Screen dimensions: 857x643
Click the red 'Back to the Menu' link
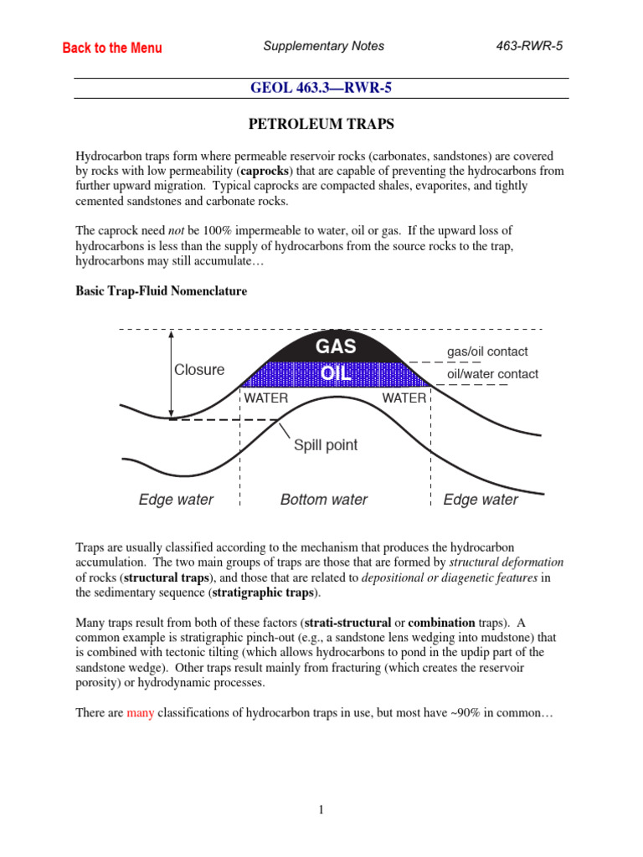pos(112,48)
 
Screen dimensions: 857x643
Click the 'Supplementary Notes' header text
pos(323,46)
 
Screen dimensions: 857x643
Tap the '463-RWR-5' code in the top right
pos(529,46)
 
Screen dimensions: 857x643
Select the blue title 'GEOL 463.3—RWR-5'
pos(322,88)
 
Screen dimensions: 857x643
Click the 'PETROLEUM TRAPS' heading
pos(322,125)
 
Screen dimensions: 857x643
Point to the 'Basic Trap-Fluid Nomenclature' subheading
pos(162,291)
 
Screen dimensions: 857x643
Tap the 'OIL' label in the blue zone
pos(336,373)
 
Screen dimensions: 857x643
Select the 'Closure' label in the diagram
pos(199,370)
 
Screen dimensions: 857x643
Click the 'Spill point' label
pos(325,445)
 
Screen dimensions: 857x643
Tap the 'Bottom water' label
pos(324,500)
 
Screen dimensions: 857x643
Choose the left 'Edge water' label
pos(176,500)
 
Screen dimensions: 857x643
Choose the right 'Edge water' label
pos(481,500)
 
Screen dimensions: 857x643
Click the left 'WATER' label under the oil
pos(266,398)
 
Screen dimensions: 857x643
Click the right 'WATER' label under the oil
pos(404,398)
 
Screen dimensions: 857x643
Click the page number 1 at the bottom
pos(321,809)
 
